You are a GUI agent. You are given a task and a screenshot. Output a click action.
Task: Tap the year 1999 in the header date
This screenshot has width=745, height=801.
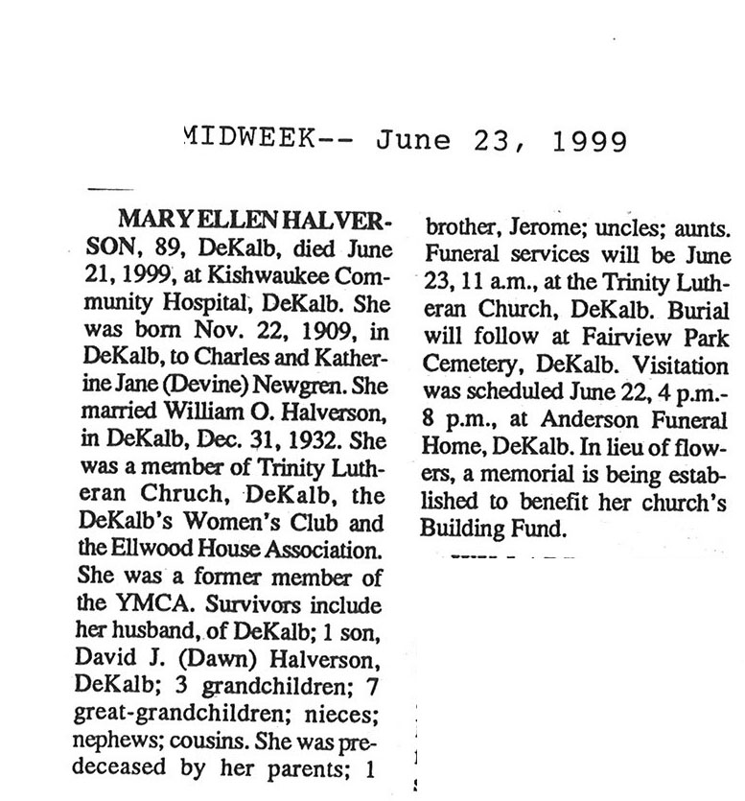(x=590, y=141)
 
